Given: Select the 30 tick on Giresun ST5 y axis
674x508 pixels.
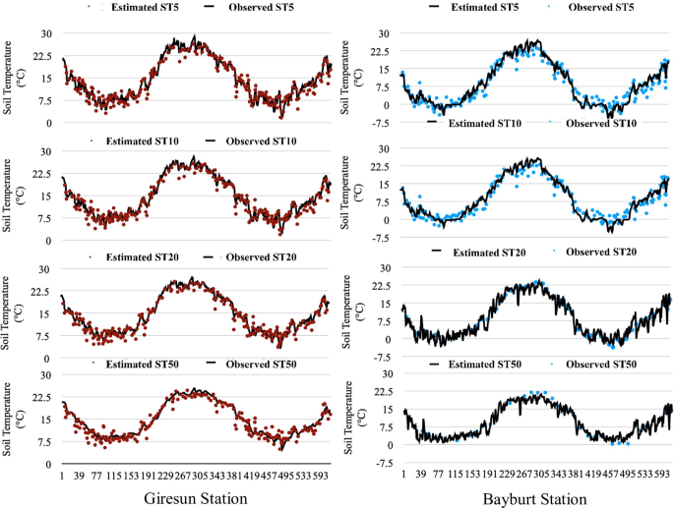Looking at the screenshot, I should click(x=44, y=32).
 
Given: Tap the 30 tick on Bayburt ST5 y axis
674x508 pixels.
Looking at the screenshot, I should click(x=385, y=32).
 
